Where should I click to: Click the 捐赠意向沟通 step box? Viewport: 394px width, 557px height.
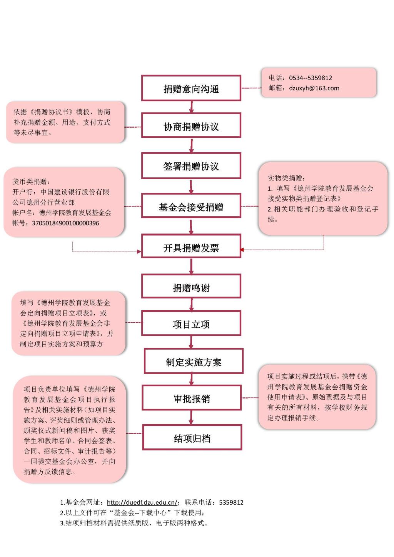pyautogui.click(x=191, y=88)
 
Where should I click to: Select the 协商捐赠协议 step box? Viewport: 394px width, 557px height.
pyautogui.click(x=191, y=126)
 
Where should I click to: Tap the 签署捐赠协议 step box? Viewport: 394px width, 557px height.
pyautogui.click(x=191, y=166)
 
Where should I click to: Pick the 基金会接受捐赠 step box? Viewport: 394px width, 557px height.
pyautogui.click(x=191, y=207)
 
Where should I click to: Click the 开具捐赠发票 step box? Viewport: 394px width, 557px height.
pyautogui.click(x=191, y=247)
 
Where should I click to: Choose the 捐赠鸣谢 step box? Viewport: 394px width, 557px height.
pyautogui.click(x=191, y=287)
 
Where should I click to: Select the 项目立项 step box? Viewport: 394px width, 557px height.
pyautogui.click(x=191, y=324)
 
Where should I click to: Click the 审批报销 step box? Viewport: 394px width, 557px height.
pyautogui.click(x=192, y=399)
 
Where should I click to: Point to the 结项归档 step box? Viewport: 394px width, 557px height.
pyautogui.click(x=192, y=438)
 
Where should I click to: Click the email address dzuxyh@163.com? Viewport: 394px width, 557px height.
pyautogui.click(x=314, y=88)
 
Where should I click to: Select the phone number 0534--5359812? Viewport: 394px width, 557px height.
pyautogui.click(x=311, y=78)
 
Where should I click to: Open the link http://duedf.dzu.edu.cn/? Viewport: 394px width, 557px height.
pyautogui.click(x=142, y=502)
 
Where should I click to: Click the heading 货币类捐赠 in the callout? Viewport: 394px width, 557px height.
pyautogui.click(x=31, y=182)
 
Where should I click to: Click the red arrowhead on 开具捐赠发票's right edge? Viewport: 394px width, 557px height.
pyautogui.click(x=242, y=250)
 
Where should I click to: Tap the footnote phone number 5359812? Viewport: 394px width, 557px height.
pyautogui.click(x=231, y=502)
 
